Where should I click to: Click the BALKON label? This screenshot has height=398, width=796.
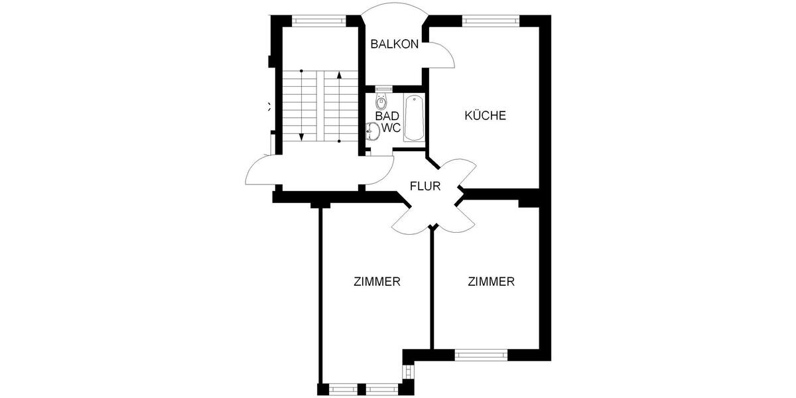tap(395, 44)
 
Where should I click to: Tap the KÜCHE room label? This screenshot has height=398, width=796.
tap(485, 115)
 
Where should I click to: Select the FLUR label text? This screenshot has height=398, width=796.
tap(425, 186)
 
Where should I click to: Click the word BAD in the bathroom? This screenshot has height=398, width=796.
tap(387, 116)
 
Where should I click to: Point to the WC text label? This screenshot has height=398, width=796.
tap(391, 128)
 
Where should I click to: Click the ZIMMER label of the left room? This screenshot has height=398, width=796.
tap(377, 281)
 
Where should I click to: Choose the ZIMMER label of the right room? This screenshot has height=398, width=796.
tap(491, 281)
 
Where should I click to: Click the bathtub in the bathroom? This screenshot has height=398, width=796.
tap(414, 118)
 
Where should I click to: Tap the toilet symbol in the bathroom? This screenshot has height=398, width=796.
tap(381, 101)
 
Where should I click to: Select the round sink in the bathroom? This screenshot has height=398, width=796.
tap(372, 132)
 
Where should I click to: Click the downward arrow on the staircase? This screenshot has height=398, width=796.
tap(301, 135)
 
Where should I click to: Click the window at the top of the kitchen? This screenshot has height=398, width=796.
tap(491, 20)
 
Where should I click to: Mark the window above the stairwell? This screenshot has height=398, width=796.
tap(319, 20)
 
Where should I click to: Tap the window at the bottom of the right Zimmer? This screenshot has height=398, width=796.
tap(481, 356)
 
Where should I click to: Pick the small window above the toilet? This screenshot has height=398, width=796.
tap(383, 88)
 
